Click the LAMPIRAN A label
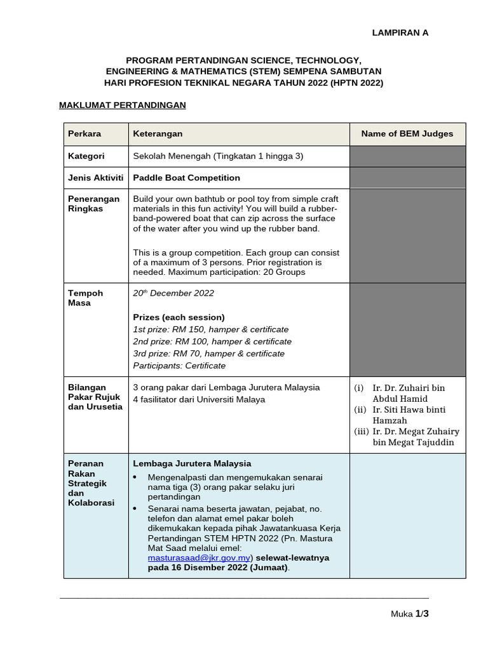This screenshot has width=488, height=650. (x=400, y=33)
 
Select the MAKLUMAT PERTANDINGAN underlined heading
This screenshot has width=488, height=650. (x=122, y=105)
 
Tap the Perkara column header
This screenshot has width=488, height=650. (x=85, y=134)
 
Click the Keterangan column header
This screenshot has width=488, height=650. (x=158, y=134)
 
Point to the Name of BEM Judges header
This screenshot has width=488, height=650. (x=407, y=134)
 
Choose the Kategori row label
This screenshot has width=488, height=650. (x=86, y=156)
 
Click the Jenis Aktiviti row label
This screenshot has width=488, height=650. (x=96, y=178)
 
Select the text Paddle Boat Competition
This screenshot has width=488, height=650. (x=186, y=178)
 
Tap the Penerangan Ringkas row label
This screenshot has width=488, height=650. (x=93, y=204)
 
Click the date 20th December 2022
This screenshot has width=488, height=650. (x=173, y=293)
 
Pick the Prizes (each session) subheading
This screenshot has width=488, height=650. (x=179, y=317)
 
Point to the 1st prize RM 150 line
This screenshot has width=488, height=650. (x=210, y=329)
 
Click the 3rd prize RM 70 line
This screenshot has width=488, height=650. (x=208, y=354)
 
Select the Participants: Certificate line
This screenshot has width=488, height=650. (x=179, y=366)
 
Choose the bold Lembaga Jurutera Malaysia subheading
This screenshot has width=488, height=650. (x=192, y=463)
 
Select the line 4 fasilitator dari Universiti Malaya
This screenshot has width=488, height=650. (x=199, y=399)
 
